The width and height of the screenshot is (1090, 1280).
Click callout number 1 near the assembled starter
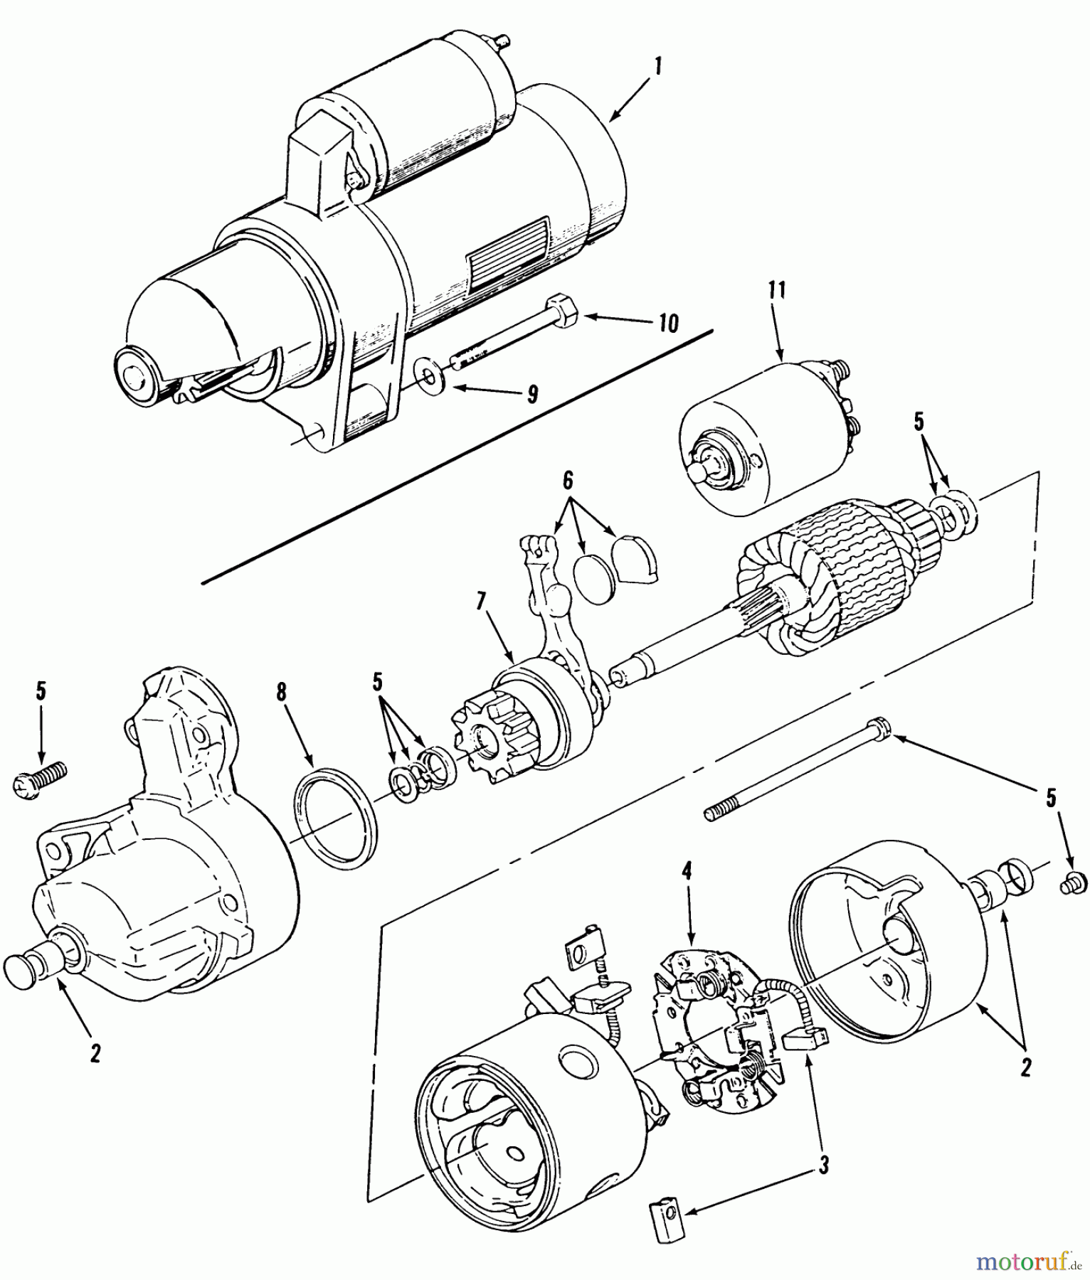(658, 68)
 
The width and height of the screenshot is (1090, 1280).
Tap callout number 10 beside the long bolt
(668, 322)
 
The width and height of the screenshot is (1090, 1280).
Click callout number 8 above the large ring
(282, 691)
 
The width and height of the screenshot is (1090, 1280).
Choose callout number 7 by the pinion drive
(481, 602)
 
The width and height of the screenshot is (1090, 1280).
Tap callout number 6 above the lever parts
(567, 481)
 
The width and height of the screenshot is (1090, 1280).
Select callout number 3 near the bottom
(823, 1164)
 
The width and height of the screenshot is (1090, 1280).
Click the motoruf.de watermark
(1029, 1260)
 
